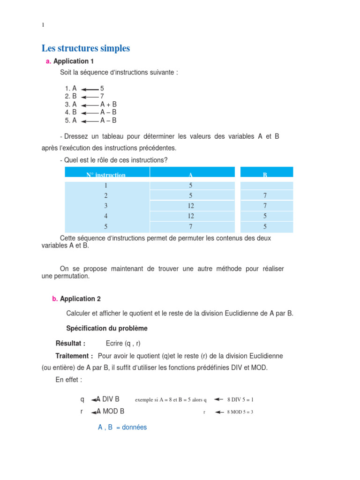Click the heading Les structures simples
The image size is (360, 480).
(86, 48)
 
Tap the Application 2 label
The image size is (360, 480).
(80, 299)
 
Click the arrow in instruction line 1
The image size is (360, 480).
(90, 89)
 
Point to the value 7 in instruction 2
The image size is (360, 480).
(102, 96)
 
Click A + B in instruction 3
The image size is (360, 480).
(108, 104)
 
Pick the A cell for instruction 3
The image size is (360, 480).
(190, 206)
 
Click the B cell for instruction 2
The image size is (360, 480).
(264, 195)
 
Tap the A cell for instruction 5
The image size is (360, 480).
(190, 226)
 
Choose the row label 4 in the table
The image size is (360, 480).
(106, 216)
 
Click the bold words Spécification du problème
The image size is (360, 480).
(107, 328)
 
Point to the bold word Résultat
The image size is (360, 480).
(70, 343)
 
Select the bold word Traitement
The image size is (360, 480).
(74, 356)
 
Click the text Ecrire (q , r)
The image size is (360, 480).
(123, 343)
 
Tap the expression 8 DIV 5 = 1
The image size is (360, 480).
(240, 400)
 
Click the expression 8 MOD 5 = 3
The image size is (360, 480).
(240, 412)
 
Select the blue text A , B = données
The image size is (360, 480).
(122, 427)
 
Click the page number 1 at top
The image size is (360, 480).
(43, 25)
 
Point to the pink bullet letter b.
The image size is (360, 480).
(55, 299)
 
